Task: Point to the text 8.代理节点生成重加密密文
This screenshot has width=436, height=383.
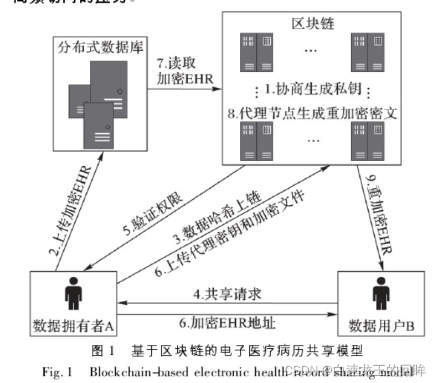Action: tap(311, 113)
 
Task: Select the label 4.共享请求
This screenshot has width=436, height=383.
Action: tap(227, 292)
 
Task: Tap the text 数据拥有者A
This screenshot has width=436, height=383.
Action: tap(74, 326)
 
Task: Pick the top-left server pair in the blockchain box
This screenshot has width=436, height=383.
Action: tap(257, 51)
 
